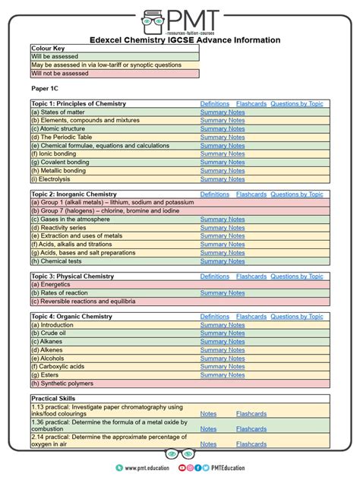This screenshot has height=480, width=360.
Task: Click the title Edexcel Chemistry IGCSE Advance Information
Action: click(179, 40)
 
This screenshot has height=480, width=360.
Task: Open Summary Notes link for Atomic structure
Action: click(222, 129)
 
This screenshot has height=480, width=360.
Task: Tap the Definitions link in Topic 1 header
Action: click(214, 103)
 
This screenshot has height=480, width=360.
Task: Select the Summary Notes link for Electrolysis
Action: click(222, 179)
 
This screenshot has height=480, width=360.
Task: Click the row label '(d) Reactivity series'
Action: click(58, 228)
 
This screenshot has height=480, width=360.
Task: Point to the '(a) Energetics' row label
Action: click(52, 285)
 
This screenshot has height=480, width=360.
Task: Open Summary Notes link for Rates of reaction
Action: click(222, 293)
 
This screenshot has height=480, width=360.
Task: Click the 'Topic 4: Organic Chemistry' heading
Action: click(71, 317)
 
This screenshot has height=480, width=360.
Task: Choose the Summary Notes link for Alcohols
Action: click(222, 358)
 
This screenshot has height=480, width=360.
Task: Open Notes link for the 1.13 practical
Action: click(208, 414)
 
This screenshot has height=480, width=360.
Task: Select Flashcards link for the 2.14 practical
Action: click(251, 444)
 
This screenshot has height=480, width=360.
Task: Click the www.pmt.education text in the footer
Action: click(149, 469)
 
